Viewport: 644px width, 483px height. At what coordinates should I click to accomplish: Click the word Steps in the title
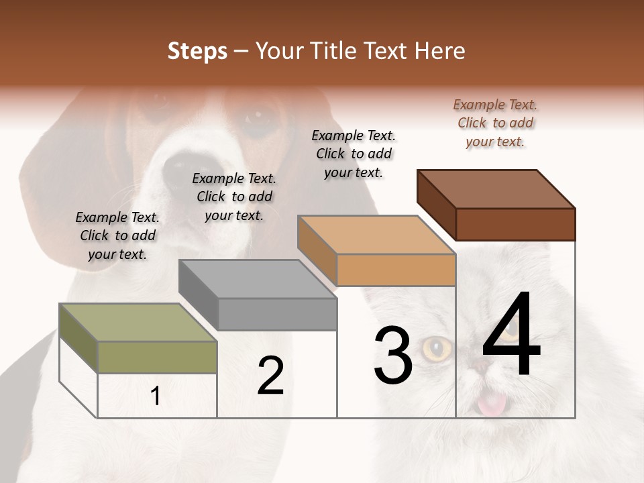(x=197, y=51)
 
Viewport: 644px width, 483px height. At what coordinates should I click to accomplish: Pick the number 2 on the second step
(x=270, y=376)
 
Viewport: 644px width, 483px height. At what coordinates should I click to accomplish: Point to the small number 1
(x=156, y=396)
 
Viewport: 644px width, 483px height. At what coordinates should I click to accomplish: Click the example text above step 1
(x=117, y=235)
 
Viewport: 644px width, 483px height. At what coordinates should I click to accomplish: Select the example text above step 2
(x=234, y=197)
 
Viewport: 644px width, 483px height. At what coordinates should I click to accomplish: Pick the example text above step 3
(x=354, y=154)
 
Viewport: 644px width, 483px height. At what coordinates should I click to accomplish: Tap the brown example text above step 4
(x=495, y=123)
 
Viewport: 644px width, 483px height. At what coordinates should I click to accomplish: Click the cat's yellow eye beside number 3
(x=437, y=348)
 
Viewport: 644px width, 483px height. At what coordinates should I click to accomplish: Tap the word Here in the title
(x=440, y=51)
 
